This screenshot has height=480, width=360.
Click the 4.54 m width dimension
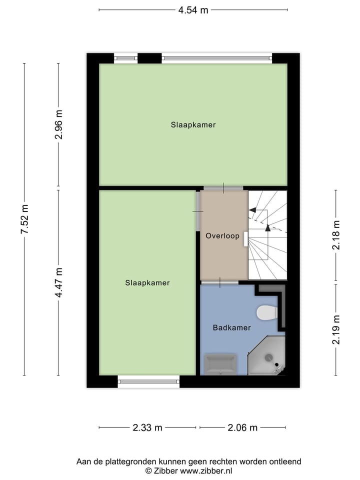pyautogui.click(x=193, y=10)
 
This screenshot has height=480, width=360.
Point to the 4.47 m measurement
pyautogui.click(x=58, y=282)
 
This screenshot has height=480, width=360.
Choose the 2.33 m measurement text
pyautogui.click(x=147, y=427)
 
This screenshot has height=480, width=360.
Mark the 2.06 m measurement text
pyautogui.click(x=242, y=427)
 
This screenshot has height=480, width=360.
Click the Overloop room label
pyautogui.click(x=222, y=235)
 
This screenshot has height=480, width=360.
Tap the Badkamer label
pyautogui.click(x=231, y=328)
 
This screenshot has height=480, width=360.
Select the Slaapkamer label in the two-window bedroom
pyautogui.click(x=193, y=125)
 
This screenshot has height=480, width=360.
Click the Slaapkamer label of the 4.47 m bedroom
pyautogui.click(x=147, y=283)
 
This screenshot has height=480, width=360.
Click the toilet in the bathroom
pyautogui.click(x=267, y=313)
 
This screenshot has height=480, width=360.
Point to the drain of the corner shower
pyautogui.click(x=269, y=357)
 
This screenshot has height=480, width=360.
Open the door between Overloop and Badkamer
pyautogui.click(x=220, y=283)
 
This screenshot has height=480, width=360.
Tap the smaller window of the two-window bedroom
pyautogui.click(x=125, y=58)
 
